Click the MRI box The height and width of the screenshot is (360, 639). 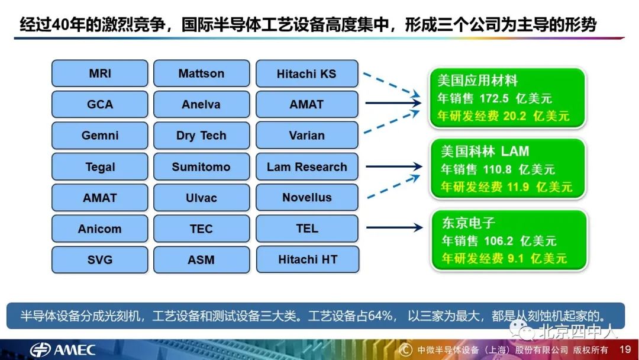point(99,74)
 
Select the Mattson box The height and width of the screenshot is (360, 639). point(201,74)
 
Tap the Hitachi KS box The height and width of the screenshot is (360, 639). point(306,74)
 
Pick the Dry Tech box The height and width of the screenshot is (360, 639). point(201,136)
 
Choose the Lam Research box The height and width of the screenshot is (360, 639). point(306,167)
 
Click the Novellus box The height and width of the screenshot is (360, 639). point(306,198)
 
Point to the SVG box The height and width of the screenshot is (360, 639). point(99,259)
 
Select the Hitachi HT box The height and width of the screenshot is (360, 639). point(306,259)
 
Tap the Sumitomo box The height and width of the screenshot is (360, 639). point(201,167)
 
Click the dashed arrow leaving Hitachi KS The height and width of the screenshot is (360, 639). point(390,84)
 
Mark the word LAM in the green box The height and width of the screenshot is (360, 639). point(515,152)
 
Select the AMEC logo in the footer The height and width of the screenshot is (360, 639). point(63,349)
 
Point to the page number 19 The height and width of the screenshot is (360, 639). point(625,349)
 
